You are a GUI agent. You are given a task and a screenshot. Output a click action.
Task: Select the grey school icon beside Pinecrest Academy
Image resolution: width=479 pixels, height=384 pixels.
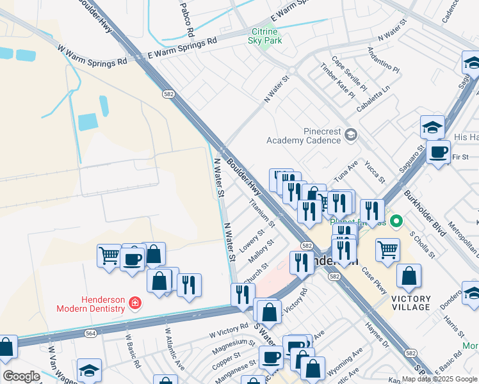pyautogui.click(x=350, y=134)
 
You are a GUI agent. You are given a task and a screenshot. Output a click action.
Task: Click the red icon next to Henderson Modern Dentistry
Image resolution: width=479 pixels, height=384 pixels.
pyautogui.click(x=134, y=302)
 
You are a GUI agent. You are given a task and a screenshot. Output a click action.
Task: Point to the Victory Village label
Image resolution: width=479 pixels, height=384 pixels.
pyautogui.click(x=410, y=303)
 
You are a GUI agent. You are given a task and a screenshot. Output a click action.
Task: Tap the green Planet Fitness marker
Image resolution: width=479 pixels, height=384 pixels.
pyautogui.click(x=396, y=222)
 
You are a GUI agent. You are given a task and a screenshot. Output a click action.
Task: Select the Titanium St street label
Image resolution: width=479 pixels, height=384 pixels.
pyautogui.click(x=263, y=214)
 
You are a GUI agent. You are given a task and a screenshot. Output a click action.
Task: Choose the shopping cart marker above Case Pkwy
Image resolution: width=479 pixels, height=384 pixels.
pyautogui.click(x=387, y=249)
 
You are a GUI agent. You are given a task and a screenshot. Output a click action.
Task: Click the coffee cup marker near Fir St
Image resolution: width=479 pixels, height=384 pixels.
pyautogui.click(x=439, y=152)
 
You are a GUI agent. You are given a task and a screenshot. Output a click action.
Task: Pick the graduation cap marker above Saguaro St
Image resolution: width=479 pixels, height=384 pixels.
pyautogui.click(x=433, y=127)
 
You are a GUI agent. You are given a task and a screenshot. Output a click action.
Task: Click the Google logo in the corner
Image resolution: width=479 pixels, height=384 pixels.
pyautogui.click(x=21, y=376)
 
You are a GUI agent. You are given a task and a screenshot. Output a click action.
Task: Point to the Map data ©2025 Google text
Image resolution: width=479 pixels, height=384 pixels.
pyautogui.click(x=439, y=379)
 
